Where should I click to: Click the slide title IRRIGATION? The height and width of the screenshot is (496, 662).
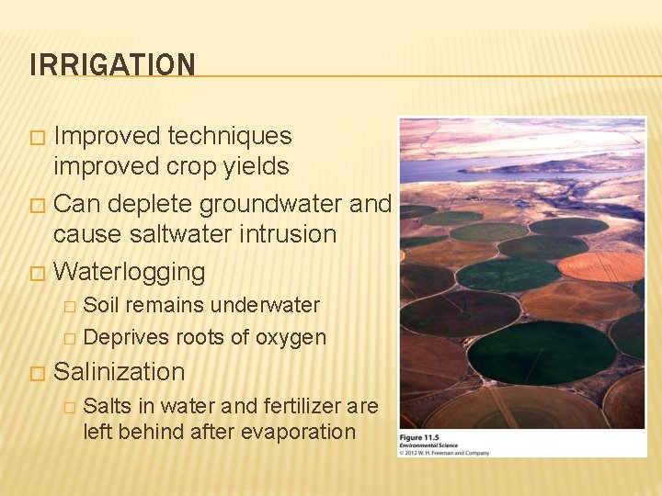(112, 65)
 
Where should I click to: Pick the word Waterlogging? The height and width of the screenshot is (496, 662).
(129, 272)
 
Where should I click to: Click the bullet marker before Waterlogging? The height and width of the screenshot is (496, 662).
(37, 274)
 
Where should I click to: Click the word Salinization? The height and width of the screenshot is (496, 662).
(120, 372)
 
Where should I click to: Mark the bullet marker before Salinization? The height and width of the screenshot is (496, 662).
(37, 374)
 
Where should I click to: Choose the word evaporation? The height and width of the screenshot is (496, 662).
(297, 431)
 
